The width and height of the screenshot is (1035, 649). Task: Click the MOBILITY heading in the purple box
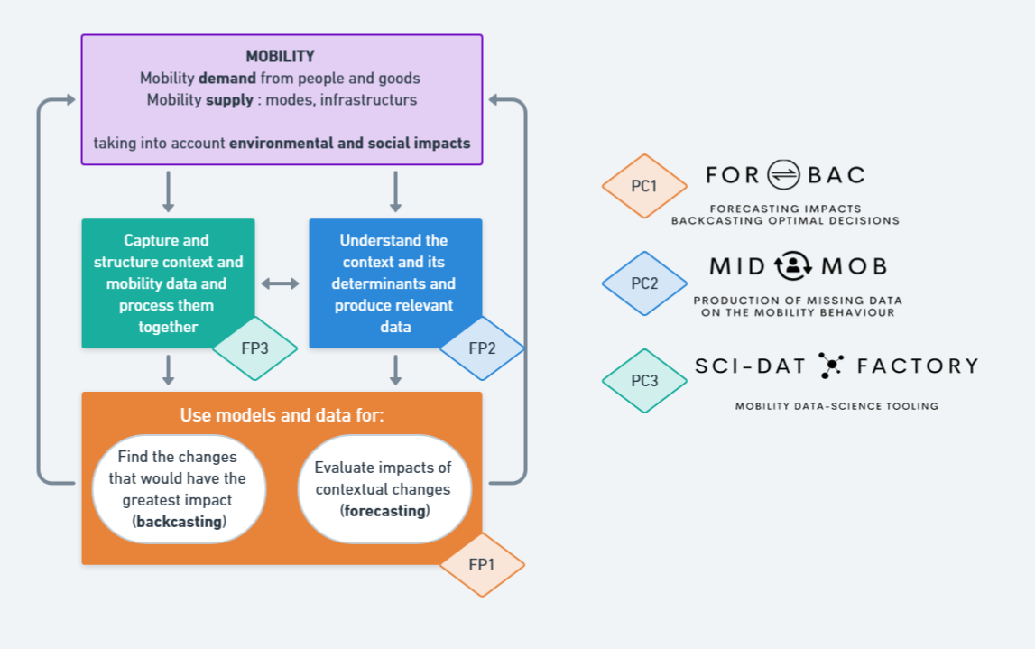pyautogui.click(x=281, y=57)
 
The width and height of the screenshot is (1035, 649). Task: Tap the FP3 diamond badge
pyautogui.click(x=254, y=348)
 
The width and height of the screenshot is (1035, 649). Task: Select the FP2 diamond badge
pyautogui.click(x=482, y=348)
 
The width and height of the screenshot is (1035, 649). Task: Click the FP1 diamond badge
pyautogui.click(x=482, y=564)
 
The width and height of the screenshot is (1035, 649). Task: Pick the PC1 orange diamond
pyautogui.click(x=644, y=186)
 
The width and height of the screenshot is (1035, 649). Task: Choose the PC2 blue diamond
pyautogui.click(x=644, y=283)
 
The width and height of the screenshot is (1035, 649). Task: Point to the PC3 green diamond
pyautogui.click(x=644, y=381)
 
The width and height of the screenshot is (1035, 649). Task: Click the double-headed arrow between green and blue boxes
pyautogui.click(x=281, y=283)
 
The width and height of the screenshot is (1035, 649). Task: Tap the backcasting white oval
pyautogui.click(x=179, y=488)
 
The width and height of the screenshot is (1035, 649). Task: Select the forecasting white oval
pyautogui.click(x=384, y=488)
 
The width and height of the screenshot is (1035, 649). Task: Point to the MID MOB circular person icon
pyautogui.click(x=794, y=266)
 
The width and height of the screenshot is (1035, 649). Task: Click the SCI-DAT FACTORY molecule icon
pyautogui.click(x=830, y=365)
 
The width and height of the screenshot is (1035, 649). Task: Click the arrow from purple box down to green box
pyautogui.click(x=168, y=191)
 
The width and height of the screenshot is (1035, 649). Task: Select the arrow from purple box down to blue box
pyautogui.click(x=395, y=191)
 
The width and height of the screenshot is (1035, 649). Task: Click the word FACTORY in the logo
pyautogui.click(x=918, y=366)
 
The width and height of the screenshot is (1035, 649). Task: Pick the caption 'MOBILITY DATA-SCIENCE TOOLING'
pyautogui.click(x=836, y=406)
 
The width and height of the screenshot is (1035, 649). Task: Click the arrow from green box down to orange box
pyautogui.click(x=168, y=368)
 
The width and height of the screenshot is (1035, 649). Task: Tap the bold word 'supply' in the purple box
pyautogui.click(x=229, y=100)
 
